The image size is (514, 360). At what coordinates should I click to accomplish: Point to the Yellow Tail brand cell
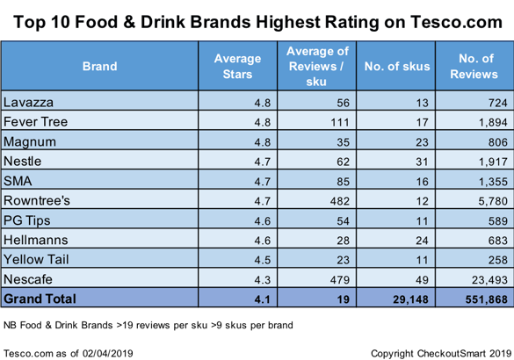pos(36,258)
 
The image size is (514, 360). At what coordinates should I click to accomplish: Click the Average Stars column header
pos(238,65)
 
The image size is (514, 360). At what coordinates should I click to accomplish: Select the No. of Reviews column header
pos(474,65)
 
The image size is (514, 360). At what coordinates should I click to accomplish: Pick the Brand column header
pos(99,65)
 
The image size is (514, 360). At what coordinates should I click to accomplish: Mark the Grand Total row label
pos(40,299)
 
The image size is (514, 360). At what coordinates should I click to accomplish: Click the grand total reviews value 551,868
pos(480,299)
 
